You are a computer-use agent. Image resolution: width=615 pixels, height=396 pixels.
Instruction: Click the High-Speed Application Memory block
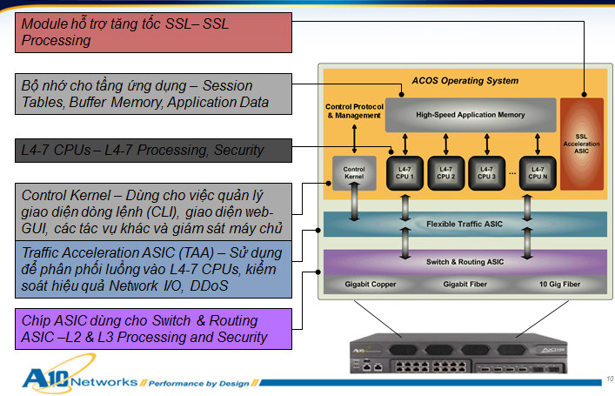470,115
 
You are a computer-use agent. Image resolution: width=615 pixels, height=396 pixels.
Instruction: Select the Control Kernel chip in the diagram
354,171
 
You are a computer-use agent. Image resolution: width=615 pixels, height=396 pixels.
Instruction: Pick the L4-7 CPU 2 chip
446,171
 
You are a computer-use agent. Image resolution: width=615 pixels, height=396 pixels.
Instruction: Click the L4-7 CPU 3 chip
489,171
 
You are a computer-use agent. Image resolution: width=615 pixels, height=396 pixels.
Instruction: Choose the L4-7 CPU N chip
538,171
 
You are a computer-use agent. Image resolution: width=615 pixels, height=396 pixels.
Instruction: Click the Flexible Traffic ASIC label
465,224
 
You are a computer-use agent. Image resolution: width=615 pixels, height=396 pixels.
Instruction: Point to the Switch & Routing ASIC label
465,261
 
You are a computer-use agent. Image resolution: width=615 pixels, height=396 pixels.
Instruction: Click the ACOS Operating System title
466,81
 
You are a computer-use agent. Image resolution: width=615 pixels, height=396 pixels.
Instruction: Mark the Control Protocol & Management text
353,111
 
